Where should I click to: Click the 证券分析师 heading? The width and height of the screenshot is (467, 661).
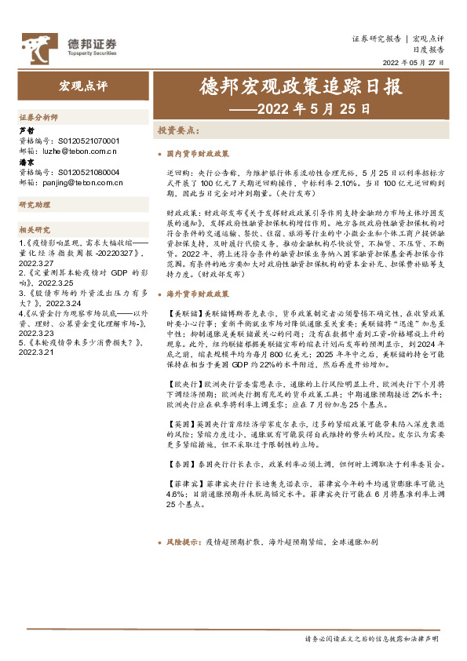pyautogui.click(x=38, y=116)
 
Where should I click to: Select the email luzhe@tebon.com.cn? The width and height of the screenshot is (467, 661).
pyautogui.click(x=77, y=149)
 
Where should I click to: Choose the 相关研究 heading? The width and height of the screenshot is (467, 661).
pyautogui.click(x=35, y=230)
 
